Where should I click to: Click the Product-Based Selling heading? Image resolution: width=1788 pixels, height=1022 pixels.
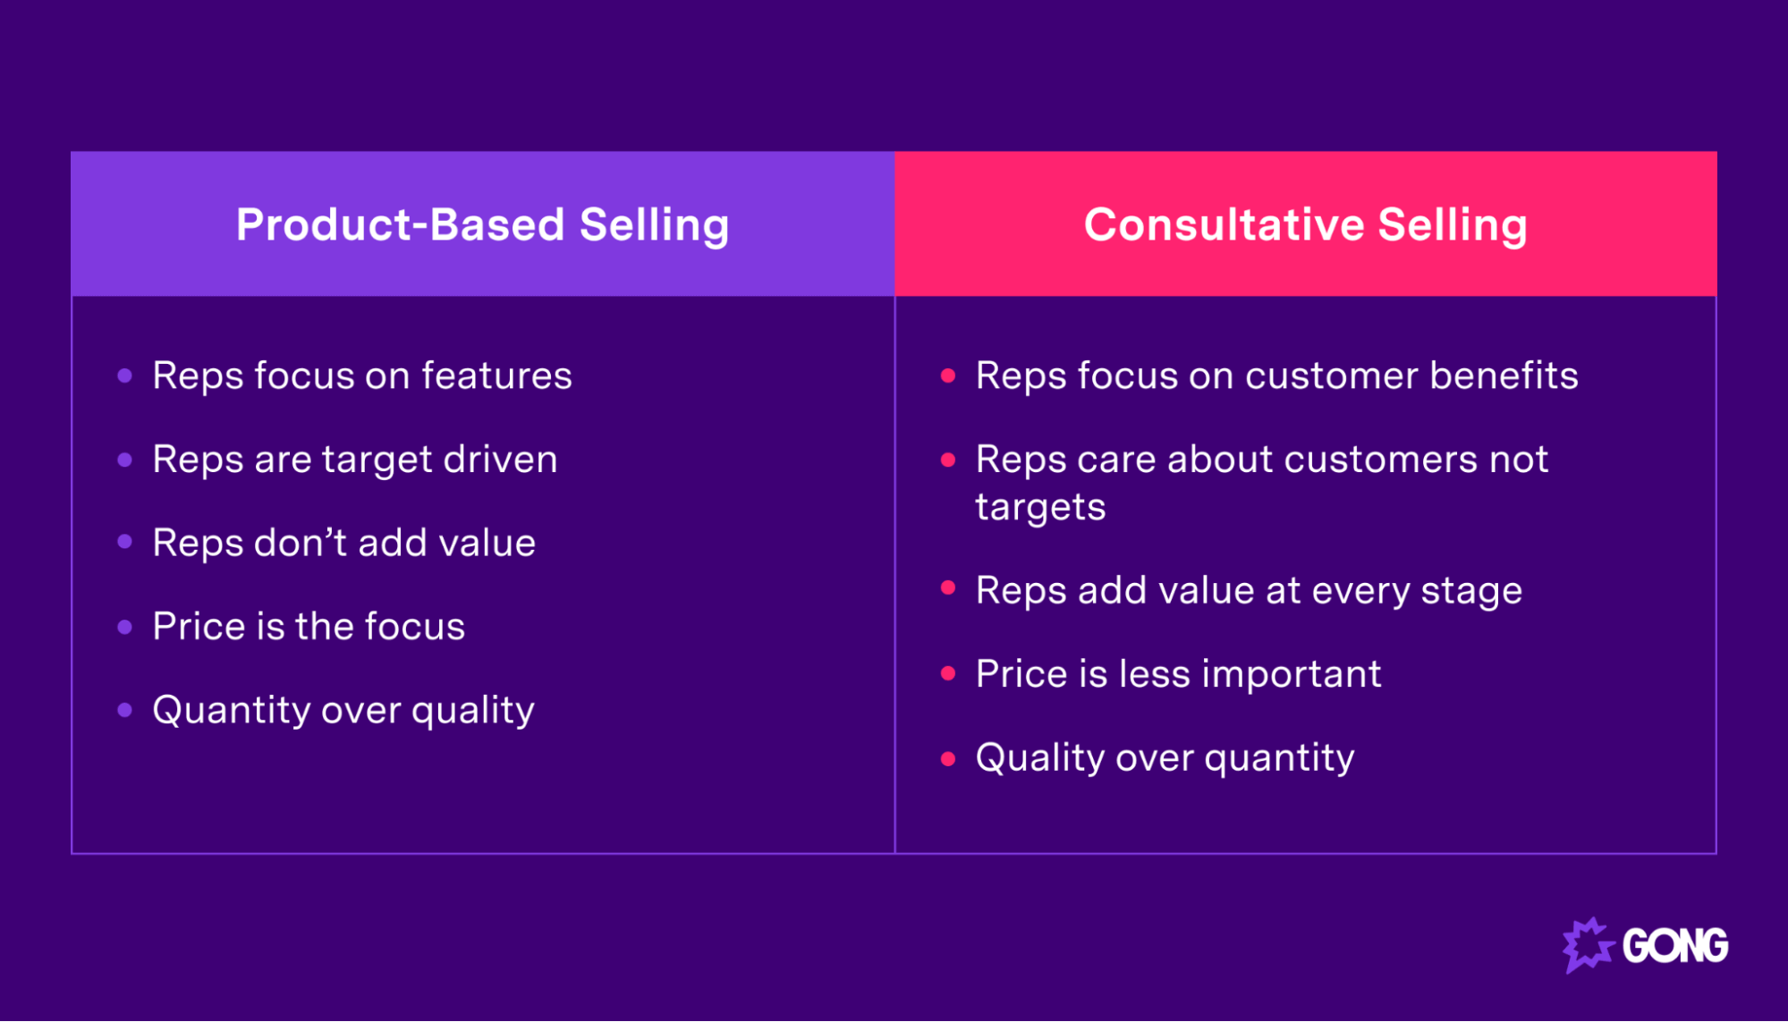tap(482, 224)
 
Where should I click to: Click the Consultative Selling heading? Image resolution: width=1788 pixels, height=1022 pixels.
tap(1305, 224)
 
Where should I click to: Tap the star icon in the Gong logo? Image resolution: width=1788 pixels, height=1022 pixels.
tap(1587, 945)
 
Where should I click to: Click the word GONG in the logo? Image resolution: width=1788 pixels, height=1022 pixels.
tap(1674, 946)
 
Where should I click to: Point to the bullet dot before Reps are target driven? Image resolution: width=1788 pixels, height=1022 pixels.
tap(125, 460)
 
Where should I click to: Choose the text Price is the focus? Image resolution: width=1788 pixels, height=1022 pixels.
tap(309, 626)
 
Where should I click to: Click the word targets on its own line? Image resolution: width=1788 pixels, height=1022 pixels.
tap(1040, 507)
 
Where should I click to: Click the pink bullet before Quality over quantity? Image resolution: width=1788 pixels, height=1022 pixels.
tap(948, 758)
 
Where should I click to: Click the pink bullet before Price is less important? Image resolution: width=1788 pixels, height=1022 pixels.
tap(948, 673)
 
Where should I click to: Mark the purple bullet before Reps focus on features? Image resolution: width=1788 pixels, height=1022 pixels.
tap(125, 376)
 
